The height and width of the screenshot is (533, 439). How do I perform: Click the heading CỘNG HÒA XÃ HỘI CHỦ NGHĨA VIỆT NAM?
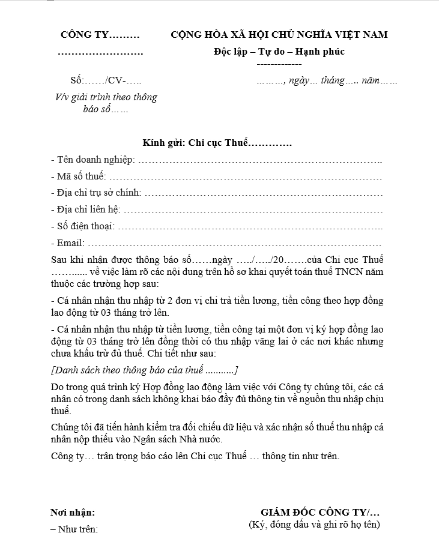coord(279,35)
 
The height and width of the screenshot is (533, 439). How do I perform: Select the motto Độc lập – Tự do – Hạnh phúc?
coord(279,52)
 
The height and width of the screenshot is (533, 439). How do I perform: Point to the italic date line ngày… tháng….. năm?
coord(327,80)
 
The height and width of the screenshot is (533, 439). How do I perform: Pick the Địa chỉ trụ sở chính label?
coord(97,193)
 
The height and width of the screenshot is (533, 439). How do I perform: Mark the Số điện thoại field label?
coord(83,226)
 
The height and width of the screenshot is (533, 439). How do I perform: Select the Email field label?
coord(68,243)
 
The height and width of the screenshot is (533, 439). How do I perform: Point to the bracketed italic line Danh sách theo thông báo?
coord(144,370)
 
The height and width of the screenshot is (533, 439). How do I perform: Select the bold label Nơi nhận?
coord(73,513)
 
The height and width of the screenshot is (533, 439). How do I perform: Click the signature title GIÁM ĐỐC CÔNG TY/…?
coord(320,513)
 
